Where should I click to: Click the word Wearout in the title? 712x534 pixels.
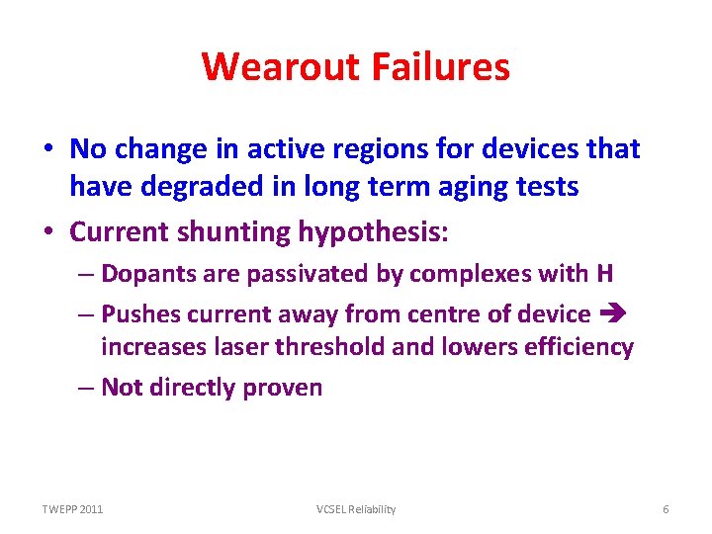(x=282, y=67)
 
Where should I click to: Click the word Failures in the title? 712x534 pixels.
(x=441, y=67)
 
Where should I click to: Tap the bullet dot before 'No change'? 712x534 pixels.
(x=48, y=150)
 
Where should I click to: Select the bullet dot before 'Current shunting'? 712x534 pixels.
(x=48, y=232)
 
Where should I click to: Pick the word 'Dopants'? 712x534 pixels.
(x=143, y=274)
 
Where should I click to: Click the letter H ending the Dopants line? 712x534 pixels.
(x=604, y=274)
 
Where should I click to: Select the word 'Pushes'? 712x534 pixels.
(x=136, y=315)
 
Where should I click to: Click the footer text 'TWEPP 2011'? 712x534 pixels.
(x=72, y=509)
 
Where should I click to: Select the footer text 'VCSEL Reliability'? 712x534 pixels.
(x=356, y=509)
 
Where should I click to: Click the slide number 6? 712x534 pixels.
(x=666, y=509)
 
